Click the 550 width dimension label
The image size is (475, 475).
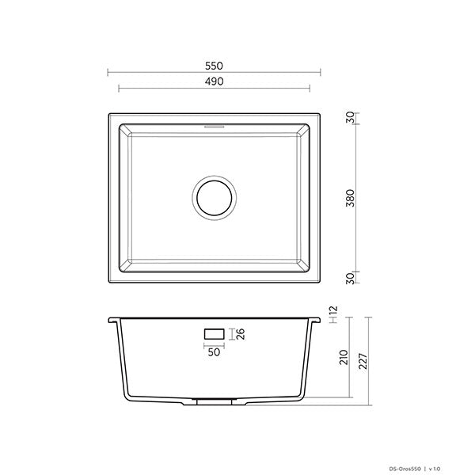coord(214,66)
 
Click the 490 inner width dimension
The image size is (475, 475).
coord(214,81)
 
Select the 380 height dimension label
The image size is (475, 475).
coord(351,198)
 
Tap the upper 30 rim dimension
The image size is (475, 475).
coord(351,119)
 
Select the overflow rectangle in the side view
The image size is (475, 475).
coord(214,335)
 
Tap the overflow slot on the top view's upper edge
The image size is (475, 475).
coord(214,125)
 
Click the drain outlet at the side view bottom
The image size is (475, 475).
coord(214,402)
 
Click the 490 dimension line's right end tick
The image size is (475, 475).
coord(310,87)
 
